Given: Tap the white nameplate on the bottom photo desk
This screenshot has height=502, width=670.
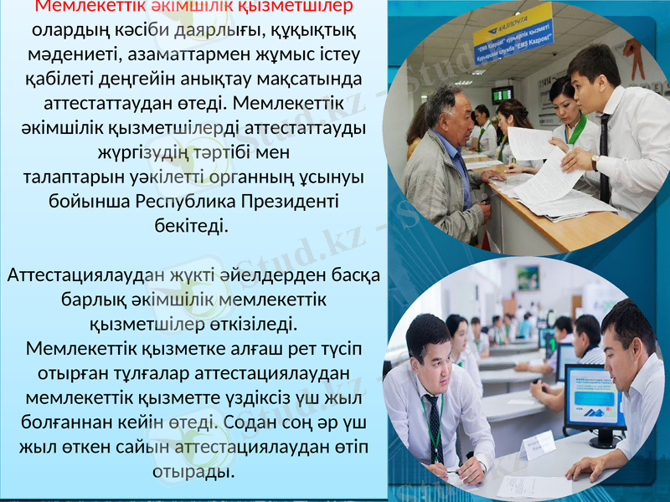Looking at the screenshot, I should (536, 447).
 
